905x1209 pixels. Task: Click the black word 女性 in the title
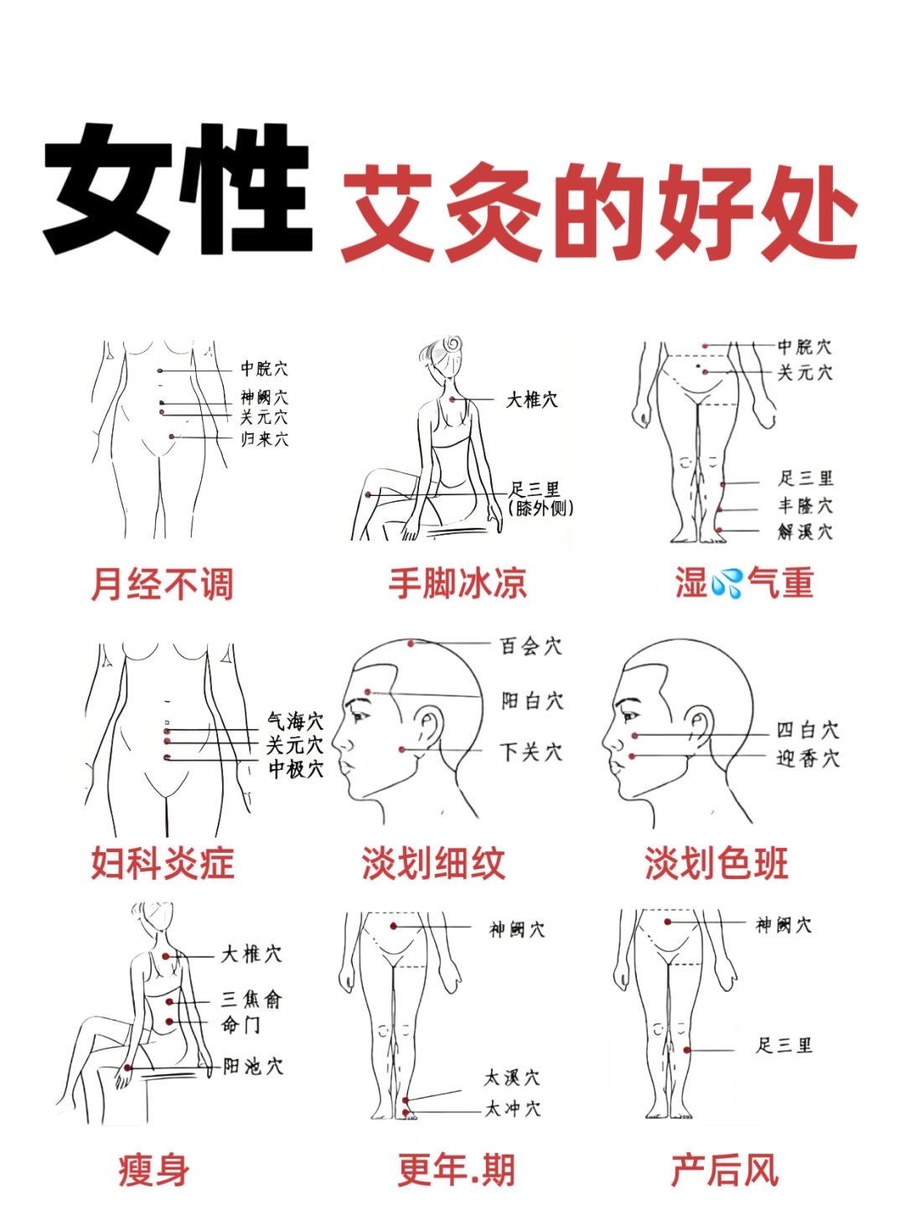[x=176, y=189]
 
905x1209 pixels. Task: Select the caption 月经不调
[x=162, y=584]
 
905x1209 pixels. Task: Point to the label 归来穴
[x=263, y=438]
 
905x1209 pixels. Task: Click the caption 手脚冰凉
[x=458, y=584]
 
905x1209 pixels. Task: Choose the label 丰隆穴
[x=804, y=506]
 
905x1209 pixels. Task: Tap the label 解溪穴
[x=804, y=531]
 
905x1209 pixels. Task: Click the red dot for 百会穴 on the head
[x=411, y=643]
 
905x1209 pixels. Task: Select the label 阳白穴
[x=532, y=700]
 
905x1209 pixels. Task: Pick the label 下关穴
[x=531, y=752]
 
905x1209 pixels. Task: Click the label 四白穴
[x=808, y=731]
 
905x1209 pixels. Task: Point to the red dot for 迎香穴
[x=633, y=757]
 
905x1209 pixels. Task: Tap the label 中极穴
[x=296, y=768]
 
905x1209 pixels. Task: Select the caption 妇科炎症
[x=163, y=864]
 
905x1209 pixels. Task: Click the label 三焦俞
[x=251, y=999]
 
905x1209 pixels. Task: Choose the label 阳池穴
[x=252, y=1066]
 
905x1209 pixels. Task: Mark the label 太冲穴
[x=512, y=1108]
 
